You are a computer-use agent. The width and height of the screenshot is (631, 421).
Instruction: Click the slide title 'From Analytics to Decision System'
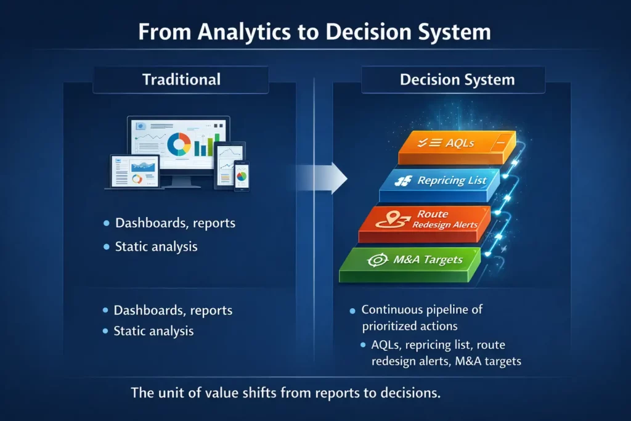[314, 32]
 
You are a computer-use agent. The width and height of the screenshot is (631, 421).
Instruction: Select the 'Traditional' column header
[181, 80]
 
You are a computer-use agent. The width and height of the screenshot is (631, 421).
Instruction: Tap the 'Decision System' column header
[457, 80]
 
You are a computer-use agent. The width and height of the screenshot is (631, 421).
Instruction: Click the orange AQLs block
[457, 147]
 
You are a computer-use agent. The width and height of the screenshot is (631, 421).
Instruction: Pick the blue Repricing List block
[439, 185]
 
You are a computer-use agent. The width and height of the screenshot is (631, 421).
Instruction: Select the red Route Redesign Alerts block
[425, 224]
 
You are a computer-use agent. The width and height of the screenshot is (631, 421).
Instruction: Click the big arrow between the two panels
[322, 178]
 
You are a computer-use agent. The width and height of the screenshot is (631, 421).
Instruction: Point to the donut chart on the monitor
[179, 144]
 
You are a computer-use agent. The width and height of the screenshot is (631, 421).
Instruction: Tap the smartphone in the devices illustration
[242, 176]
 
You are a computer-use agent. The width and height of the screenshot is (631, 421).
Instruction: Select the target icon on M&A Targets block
[378, 260]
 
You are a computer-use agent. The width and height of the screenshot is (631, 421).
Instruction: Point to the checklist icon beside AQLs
[429, 142]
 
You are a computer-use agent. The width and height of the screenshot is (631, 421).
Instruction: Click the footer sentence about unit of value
[286, 393]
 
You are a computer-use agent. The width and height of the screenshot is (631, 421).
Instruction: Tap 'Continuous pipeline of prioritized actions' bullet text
[421, 317]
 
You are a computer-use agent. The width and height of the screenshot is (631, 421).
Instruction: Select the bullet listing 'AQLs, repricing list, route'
[446, 353]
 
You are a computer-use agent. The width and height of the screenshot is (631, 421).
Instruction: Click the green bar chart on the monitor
[203, 144]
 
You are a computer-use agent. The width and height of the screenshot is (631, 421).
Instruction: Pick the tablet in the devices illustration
[229, 165]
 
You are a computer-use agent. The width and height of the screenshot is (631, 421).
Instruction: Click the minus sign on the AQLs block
[501, 142]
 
